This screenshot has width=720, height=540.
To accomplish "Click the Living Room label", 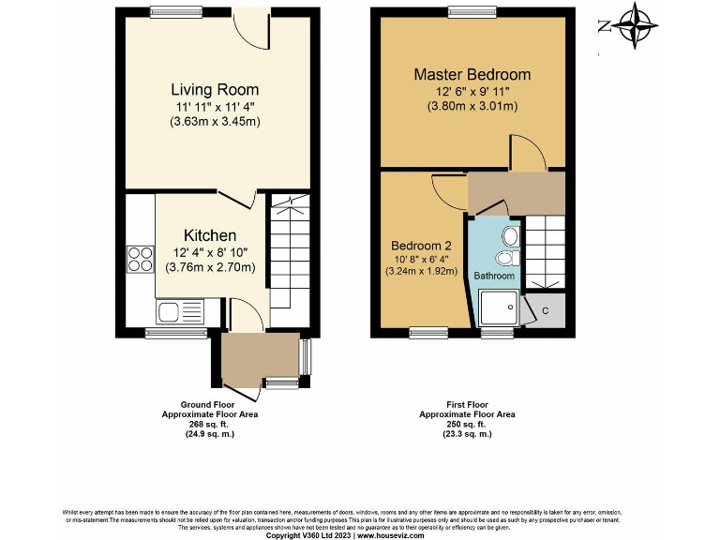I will [x=214, y=90].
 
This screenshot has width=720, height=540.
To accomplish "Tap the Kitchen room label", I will [x=209, y=235].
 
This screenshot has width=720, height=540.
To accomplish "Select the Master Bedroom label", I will [x=472, y=74].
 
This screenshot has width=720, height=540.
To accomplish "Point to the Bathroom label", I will [x=493, y=276].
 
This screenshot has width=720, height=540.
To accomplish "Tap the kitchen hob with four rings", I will [x=141, y=258].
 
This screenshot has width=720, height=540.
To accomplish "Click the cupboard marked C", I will [x=545, y=310].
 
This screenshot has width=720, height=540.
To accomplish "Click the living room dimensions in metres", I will [x=214, y=121].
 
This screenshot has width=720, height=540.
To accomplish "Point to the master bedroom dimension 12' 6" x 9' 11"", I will [x=472, y=91].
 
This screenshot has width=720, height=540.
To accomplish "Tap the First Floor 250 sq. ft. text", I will [x=466, y=424].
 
